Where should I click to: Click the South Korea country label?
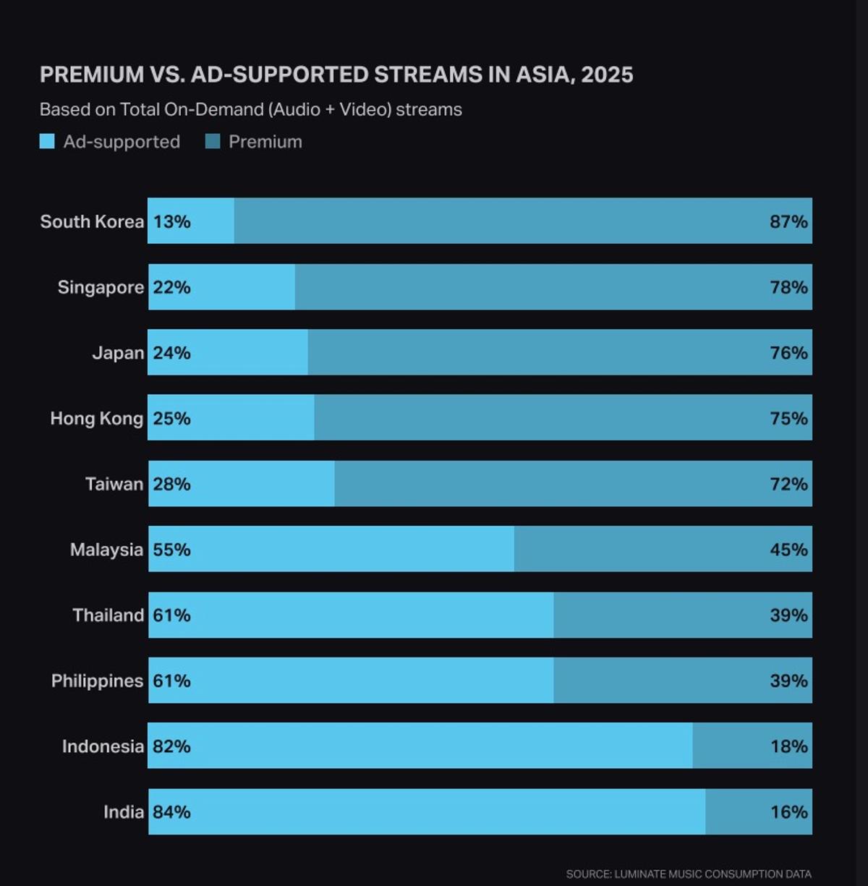[92, 221]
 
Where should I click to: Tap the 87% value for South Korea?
[788, 221]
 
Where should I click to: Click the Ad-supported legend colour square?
[47, 142]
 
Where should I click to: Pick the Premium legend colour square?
[213, 142]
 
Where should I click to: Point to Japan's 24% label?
[171, 353]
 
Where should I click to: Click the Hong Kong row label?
[96, 418]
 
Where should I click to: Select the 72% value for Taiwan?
[788, 484]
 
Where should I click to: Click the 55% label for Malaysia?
[171, 550]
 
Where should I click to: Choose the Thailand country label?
[108, 615]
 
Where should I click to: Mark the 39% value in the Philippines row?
[788, 681]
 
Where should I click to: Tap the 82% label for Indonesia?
[171, 746]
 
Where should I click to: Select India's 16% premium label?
[788, 812]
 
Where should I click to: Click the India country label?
[123, 812]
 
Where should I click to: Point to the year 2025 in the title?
[607, 74]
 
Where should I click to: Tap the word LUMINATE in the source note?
[641, 874]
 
